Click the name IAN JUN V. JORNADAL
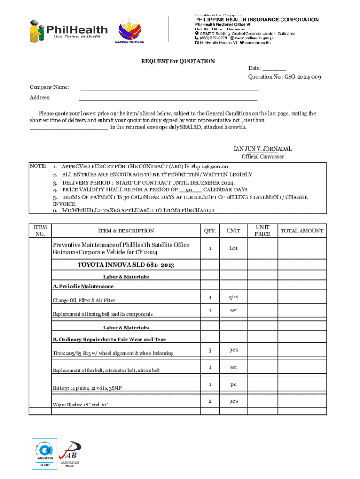pos(262,149)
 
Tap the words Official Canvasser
pos(262,157)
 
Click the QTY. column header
pos(210,231)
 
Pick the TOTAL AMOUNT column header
pos(302,231)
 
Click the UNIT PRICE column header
pos(262,230)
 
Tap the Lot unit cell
pos(233,248)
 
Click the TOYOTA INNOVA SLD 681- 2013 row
pos(126,265)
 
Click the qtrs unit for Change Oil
pos(233,297)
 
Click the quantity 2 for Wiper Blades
pos(210,401)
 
